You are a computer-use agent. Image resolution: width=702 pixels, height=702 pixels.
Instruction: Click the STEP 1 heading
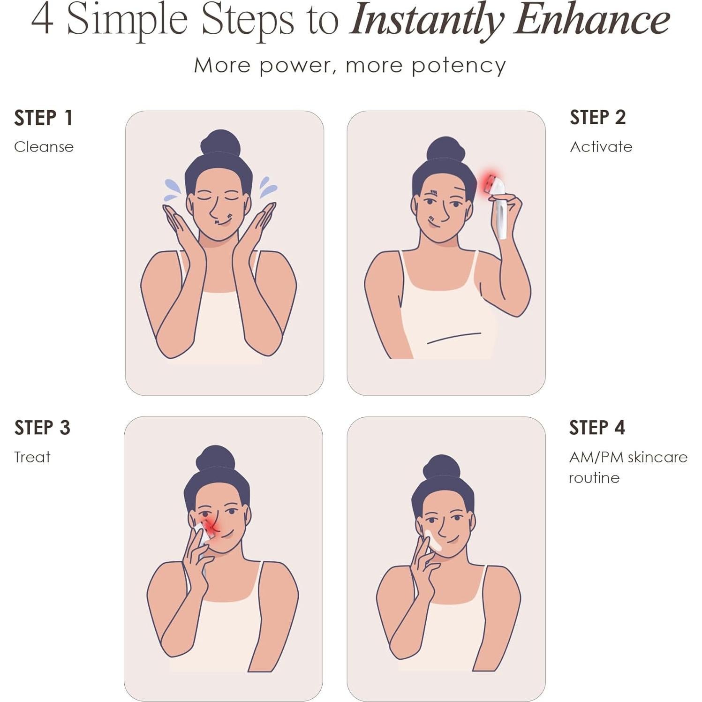coord(43,118)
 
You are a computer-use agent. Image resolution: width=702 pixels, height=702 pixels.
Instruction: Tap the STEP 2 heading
coord(597,117)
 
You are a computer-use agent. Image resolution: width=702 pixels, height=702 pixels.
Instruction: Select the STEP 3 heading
coord(42,428)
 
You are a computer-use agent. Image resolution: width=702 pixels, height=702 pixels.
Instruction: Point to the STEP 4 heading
coord(597,428)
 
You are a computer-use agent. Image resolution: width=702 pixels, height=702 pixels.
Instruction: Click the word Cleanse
coord(44,147)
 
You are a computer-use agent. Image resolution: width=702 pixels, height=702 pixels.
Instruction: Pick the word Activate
coord(601,147)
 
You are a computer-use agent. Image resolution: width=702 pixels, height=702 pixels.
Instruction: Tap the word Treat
coord(32,457)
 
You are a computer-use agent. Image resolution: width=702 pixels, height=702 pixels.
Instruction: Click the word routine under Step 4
coord(594,478)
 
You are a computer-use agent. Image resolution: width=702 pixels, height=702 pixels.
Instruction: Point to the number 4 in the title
coord(42,20)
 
